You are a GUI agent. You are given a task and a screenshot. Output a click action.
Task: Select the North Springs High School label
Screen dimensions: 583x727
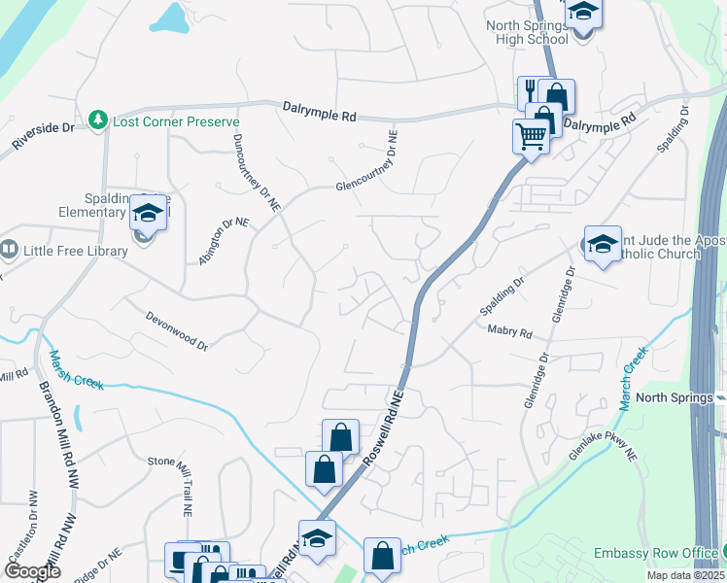point(527,32)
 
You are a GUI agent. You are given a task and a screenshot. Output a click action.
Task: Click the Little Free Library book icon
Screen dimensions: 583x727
point(10,251)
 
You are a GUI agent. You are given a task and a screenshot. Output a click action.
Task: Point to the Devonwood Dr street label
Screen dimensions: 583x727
point(177,330)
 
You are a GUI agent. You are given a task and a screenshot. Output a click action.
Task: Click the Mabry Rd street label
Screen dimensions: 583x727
point(509,332)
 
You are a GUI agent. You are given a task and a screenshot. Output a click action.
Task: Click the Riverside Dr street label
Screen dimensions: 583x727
point(43,135)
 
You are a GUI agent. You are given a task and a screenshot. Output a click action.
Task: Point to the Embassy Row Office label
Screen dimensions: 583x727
point(656,554)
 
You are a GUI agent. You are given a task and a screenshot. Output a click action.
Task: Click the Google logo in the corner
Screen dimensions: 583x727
point(32,571)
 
